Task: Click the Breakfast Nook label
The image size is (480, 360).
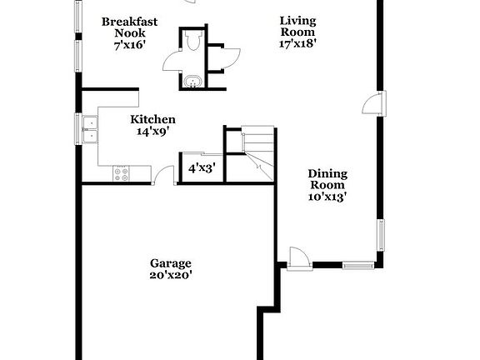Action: pyautogui.click(x=129, y=27)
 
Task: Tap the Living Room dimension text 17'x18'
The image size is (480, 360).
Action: pyautogui.click(x=297, y=43)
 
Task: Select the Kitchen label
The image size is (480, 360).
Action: pyautogui.click(x=152, y=119)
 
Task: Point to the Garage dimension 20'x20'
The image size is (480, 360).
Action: pyautogui.click(x=171, y=275)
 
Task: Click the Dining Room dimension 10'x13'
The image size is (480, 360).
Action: pyautogui.click(x=327, y=197)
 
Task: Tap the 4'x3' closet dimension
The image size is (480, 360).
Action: pyautogui.click(x=202, y=168)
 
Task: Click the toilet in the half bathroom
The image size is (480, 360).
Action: pyautogui.click(x=192, y=41)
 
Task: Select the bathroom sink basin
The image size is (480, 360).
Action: pyautogui.click(x=192, y=82)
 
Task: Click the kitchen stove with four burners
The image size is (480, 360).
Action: pyautogui.click(x=121, y=174)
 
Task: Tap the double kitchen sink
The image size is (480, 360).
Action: pyautogui.click(x=90, y=130)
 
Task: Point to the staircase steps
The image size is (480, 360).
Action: pyautogui.click(x=257, y=153)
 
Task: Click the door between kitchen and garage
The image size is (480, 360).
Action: pyautogui.click(x=164, y=175)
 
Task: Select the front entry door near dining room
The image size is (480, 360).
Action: pyautogui.click(x=299, y=259)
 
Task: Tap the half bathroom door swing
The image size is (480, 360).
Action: pyautogui.click(x=172, y=60)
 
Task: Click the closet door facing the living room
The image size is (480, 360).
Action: pyautogui.click(x=231, y=59)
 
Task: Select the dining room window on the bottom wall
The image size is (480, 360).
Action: pyautogui.click(x=358, y=265)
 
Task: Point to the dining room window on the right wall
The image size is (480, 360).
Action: pyautogui.click(x=381, y=235)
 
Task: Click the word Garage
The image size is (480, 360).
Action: pyautogui.click(x=171, y=263)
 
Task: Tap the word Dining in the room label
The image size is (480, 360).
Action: pyautogui.click(x=327, y=174)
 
